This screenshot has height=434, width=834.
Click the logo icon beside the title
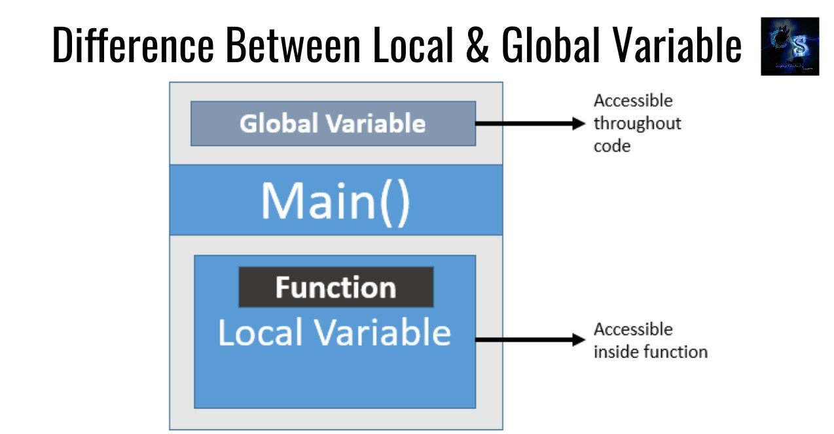tap(789, 46)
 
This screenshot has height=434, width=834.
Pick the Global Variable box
tap(333, 123)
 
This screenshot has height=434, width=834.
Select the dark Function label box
tap(335, 287)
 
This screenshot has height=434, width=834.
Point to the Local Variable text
tap(334, 333)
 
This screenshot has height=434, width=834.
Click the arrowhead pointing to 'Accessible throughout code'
tap(577, 123)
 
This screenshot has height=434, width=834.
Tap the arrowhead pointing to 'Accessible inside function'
tap(577, 340)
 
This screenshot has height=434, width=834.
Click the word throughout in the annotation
tap(637, 124)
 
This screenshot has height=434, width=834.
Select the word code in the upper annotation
tap(611, 146)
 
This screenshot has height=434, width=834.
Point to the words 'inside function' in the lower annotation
tap(650, 352)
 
